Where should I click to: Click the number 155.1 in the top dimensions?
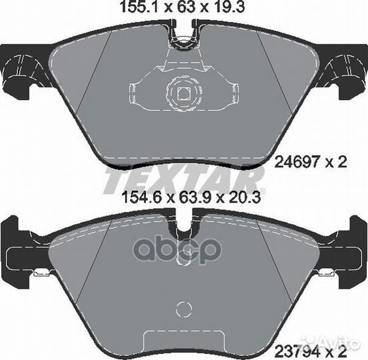pyautogui.click(x=133, y=9)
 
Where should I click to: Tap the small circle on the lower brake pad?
pyautogui.click(x=182, y=311)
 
